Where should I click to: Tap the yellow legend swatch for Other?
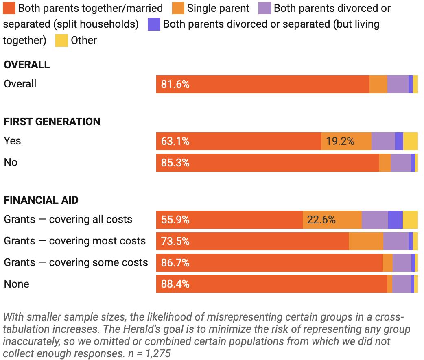coord(61,40)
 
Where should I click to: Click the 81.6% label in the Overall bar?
coord(175,84)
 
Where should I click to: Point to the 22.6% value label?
coord(321,220)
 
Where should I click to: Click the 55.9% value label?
coord(175,220)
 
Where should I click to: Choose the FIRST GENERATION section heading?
coord(52,122)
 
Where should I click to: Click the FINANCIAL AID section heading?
coord(41,200)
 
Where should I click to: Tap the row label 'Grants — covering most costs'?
coord(75,241)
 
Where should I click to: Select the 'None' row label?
coord(16,284)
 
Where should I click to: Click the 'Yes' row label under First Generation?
coord(12,141)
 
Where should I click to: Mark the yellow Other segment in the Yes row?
coord(410,141)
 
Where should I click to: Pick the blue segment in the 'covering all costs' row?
coord(395,220)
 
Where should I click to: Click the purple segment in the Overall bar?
coord(398,84)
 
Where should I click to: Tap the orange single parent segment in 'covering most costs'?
coord(366,241)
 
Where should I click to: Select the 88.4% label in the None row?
coord(175,284)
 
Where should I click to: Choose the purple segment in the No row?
coord(400,163)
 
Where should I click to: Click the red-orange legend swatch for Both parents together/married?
coord(9,8)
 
